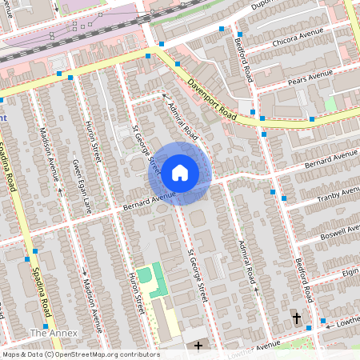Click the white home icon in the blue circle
[x=180, y=171]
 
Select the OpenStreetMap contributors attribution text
[x=80, y=354]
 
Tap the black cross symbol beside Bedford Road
[x=297, y=318]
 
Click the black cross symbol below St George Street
[x=199, y=346]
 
